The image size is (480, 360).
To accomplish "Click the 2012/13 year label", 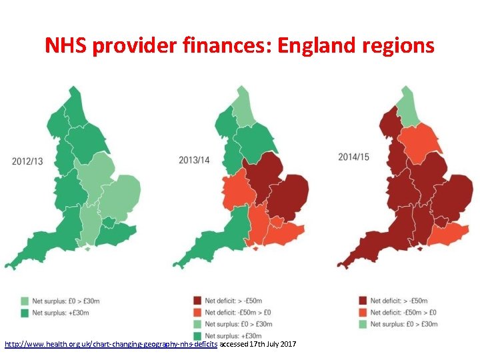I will (x=27, y=161).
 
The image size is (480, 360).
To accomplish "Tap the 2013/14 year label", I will (x=194, y=160).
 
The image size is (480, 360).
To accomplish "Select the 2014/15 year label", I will (x=353, y=157).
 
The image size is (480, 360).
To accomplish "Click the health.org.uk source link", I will (x=111, y=344).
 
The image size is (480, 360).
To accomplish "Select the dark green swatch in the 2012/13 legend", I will (x=25, y=312).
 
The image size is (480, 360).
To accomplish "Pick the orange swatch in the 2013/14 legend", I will (x=198, y=312).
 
